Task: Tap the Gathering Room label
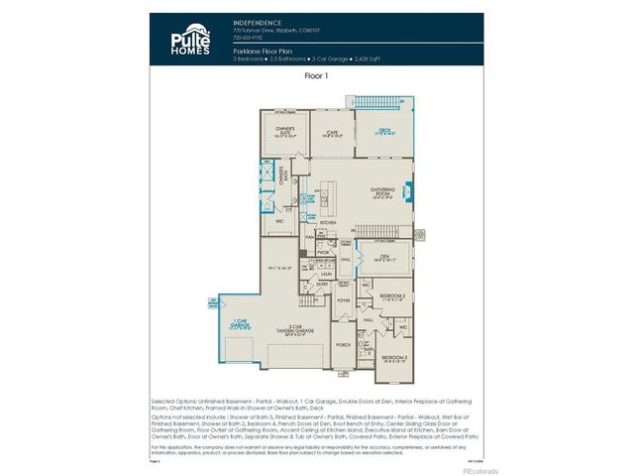click(x=383, y=192)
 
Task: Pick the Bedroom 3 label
click(x=393, y=356)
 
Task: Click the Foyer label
click(x=345, y=299)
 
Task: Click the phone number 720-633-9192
click(x=247, y=37)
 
